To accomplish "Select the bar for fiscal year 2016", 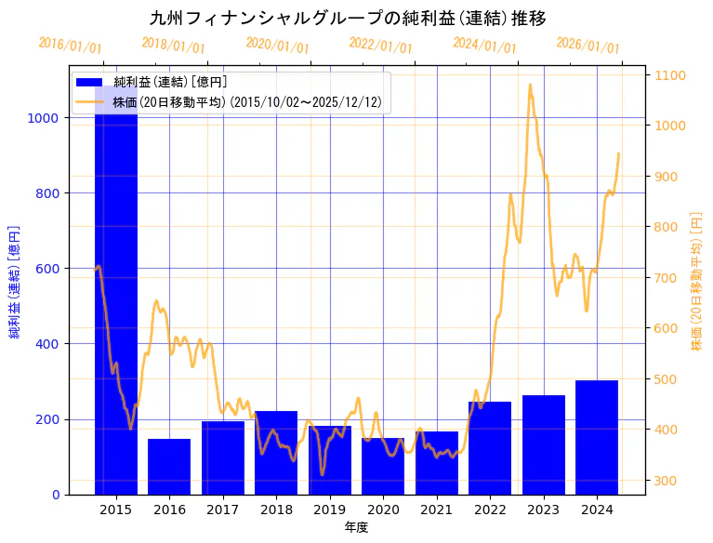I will [x=169, y=467].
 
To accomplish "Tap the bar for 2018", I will [x=276, y=453].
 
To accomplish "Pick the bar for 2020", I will [x=383, y=466].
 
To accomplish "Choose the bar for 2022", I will [x=490, y=448].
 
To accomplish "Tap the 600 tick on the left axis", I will [x=47, y=269].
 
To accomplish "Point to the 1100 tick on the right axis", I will [x=671, y=75].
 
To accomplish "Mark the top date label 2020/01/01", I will [x=278, y=46].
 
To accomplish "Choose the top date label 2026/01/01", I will [x=588, y=46].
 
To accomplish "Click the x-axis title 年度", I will [x=356, y=527].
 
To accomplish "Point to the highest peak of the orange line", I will [x=530, y=85].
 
